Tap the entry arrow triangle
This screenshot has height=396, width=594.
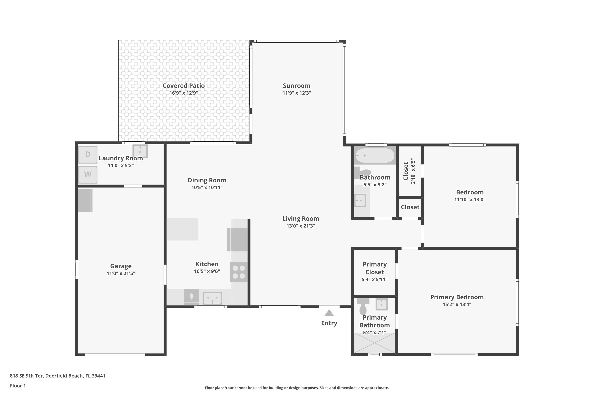tap(329, 313)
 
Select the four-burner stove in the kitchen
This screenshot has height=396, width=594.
tap(239, 272)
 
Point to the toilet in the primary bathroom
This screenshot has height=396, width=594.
tap(363, 307)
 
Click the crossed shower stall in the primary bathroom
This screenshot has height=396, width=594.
tap(375, 343)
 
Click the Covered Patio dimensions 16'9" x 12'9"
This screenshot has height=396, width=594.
tap(184, 93)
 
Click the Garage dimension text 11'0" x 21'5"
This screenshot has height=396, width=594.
tap(121, 273)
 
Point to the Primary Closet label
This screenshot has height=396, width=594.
tap(375, 268)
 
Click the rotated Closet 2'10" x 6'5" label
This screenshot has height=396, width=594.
tap(409, 171)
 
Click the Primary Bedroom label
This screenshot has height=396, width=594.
tap(457, 297)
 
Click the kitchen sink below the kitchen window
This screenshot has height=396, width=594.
tap(213, 299)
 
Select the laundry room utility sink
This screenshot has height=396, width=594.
tap(140, 151)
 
